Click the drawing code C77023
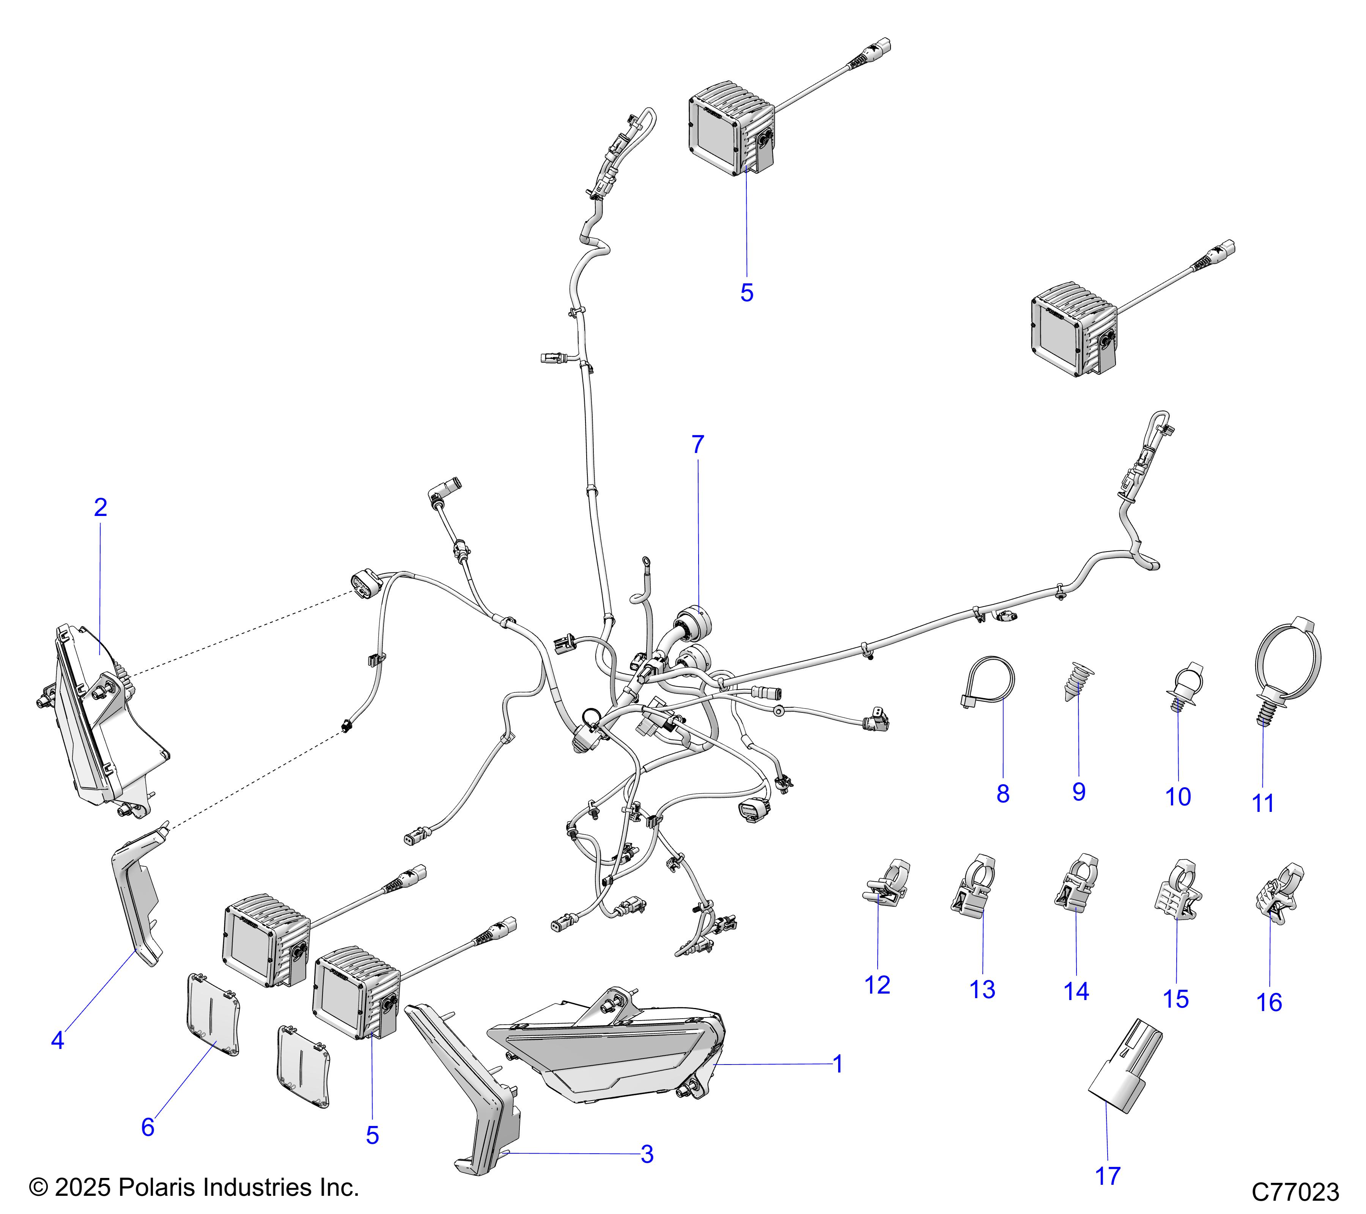click(1295, 1191)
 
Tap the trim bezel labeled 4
click(137, 895)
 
